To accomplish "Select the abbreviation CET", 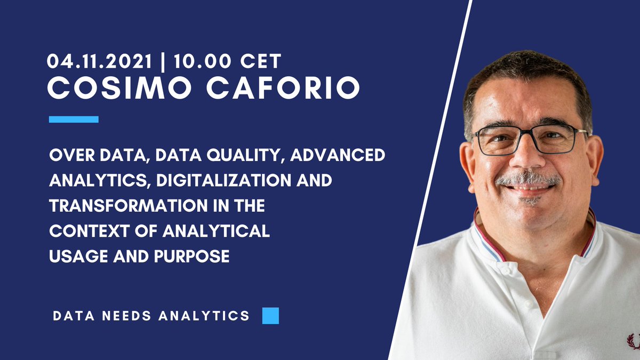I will [260, 61].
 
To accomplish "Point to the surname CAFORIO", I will [283, 88].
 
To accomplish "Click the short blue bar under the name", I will [74, 119].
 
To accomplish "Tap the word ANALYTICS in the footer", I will [204, 316].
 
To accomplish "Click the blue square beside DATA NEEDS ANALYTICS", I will [270, 316].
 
